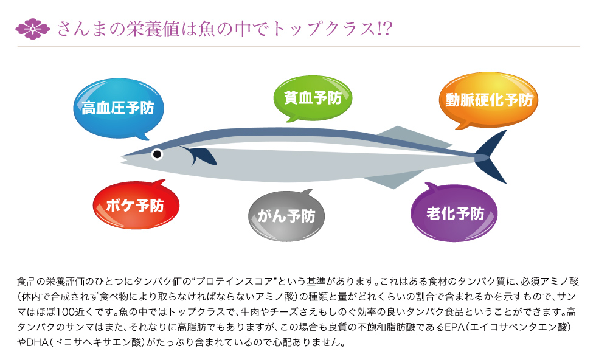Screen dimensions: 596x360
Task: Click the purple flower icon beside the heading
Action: pos(33,29)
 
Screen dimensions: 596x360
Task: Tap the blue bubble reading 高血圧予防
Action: pos(118,108)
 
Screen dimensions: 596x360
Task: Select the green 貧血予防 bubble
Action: pos(313,99)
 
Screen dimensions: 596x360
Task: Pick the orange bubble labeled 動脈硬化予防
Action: pos(488,100)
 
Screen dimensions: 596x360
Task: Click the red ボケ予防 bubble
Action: pos(136,206)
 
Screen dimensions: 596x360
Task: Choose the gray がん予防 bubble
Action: pos(286,215)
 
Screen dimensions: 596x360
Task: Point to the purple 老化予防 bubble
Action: pos(454,213)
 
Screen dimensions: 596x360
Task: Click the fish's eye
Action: pos(157,154)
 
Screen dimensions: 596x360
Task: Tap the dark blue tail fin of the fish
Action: pos(491,157)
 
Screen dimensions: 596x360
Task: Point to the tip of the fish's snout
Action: pos(121,157)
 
